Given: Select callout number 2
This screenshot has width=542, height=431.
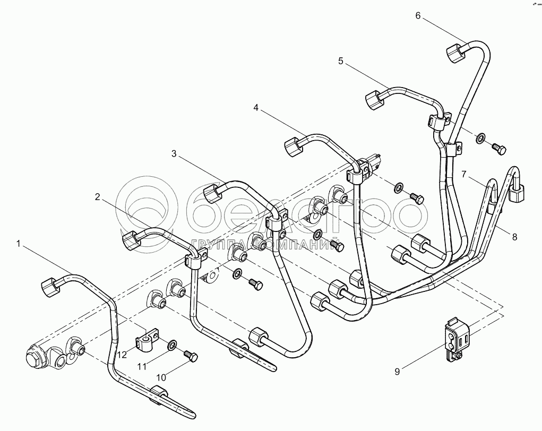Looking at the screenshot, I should (x=98, y=197).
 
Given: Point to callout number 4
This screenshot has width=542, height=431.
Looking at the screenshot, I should (x=256, y=108).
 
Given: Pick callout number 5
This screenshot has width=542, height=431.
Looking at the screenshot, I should (x=341, y=62).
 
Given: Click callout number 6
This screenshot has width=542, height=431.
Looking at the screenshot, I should (x=418, y=15).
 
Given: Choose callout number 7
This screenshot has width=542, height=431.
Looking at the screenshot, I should (x=463, y=174).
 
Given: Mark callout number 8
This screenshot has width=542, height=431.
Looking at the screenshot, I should (x=514, y=237).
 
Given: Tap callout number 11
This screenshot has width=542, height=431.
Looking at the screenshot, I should (x=141, y=366).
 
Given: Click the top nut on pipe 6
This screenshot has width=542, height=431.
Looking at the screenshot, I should (x=455, y=53).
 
